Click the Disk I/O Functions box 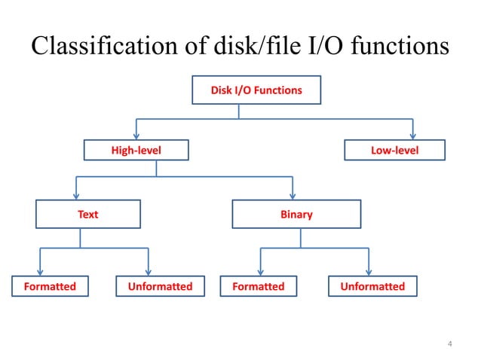tap(256, 90)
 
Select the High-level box tap(136, 151)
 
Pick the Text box tap(88, 214)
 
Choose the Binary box tap(296, 214)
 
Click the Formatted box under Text tap(49, 286)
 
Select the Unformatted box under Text tap(159, 286)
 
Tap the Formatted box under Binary tap(259, 286)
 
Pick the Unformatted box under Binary tap(372, 286)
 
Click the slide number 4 tap(450, 345)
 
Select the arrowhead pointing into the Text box tap(76, 195)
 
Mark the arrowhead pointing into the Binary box tap(292, 195)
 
